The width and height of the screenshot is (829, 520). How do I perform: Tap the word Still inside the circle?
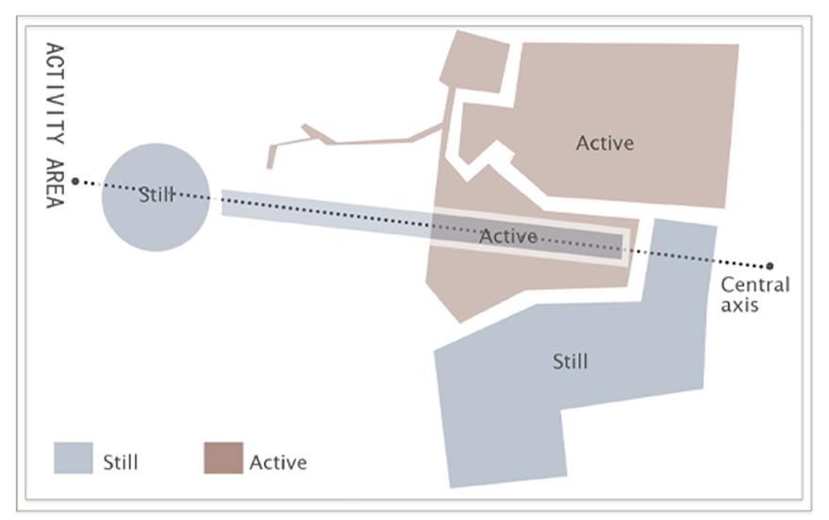point(156,195)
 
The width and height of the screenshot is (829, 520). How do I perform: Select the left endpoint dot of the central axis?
point(76,180)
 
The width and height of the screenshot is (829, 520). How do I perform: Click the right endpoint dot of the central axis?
point(770,266)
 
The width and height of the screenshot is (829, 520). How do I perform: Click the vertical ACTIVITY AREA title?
point(55,125)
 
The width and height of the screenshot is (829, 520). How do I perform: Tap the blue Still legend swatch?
point(73,458)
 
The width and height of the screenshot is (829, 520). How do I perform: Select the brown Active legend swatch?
point(223,458)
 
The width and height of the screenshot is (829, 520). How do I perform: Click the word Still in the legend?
point(120,462)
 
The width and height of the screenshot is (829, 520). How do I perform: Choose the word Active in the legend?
point(278,462)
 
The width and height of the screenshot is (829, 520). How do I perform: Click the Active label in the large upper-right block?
point(605,143)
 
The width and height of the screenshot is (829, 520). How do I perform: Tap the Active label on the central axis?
point(507,236)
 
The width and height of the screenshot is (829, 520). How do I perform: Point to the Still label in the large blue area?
point(570,361)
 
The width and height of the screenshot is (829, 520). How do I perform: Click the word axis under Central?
point(739,305)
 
